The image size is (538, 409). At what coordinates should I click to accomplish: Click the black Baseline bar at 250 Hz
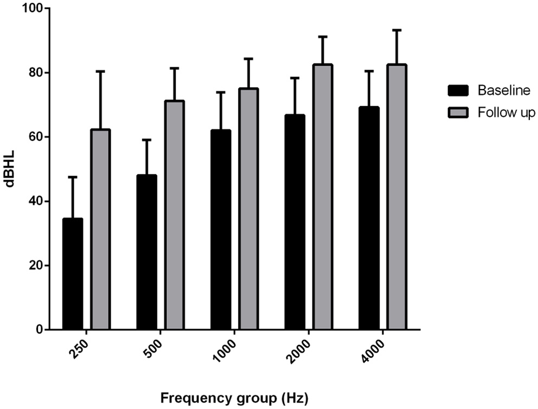pyautogui.click(x=73, y=274)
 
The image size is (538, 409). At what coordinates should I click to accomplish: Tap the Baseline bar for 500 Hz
pyautogui.click(x=147, y=252)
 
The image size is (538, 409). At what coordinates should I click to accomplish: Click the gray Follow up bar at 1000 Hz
pyautogui.click(x=248, y=209)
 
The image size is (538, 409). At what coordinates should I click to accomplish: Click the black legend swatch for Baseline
pyautogui.click(x=459, y=90)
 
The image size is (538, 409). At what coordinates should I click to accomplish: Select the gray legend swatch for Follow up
pyautogui.click(x=459, y=112)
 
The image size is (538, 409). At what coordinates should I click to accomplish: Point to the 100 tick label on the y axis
pyautogui.click(x=30, y=9)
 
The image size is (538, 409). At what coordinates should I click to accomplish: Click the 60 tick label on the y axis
pyautogui.click(x=33, y=137)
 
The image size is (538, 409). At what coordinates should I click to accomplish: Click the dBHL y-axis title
pyautogui.click(x=10, y=169)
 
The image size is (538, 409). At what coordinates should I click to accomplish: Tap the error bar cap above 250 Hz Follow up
pyautogui.click(x=100, y=71)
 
